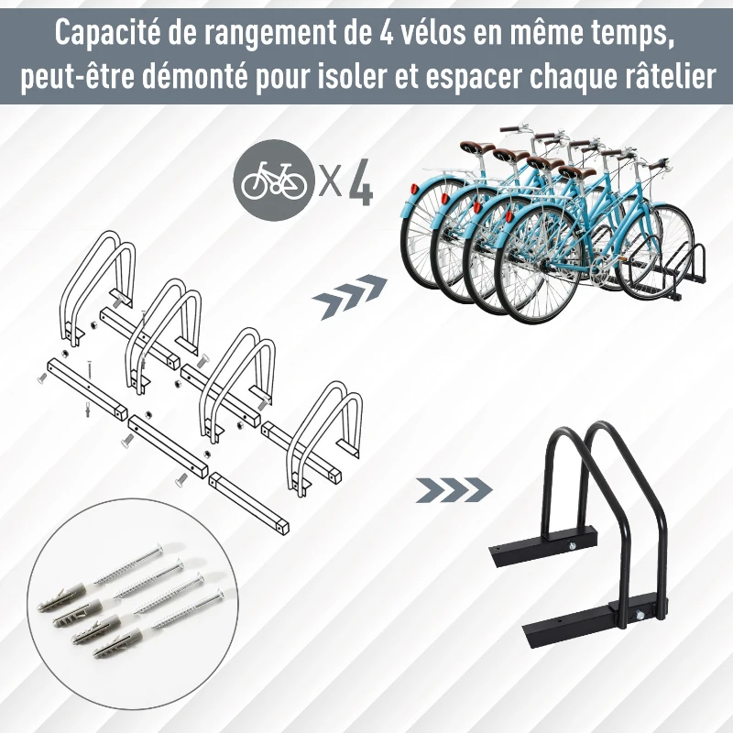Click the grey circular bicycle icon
(x=274, y=181)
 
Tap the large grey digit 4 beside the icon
(x=361, y=182)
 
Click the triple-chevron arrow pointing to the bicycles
(x=351, y=296)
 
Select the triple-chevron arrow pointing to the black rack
(x=454, y=490)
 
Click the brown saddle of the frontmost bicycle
(x=577, y=171)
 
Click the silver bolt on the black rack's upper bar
(x=571, y=544)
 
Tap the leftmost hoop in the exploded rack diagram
(x=97, y=285)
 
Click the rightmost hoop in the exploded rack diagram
(x=324, y=437)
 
